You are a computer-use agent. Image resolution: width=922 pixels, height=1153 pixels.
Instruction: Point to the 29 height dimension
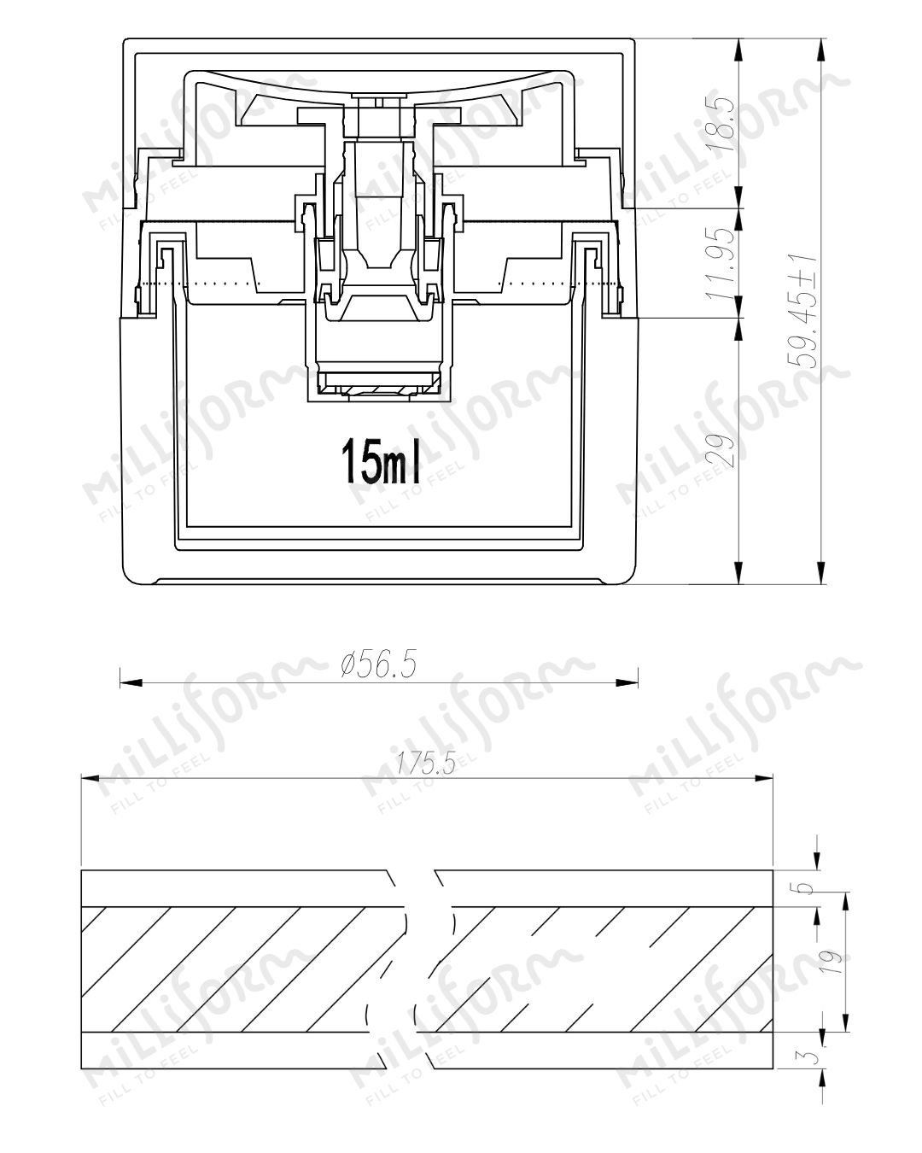(x=721, y=450)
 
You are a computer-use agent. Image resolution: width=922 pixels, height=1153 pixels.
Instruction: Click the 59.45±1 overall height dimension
(x=803, y=311)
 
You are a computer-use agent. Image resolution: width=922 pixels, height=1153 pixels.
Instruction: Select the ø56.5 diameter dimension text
(x=378, y=665)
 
